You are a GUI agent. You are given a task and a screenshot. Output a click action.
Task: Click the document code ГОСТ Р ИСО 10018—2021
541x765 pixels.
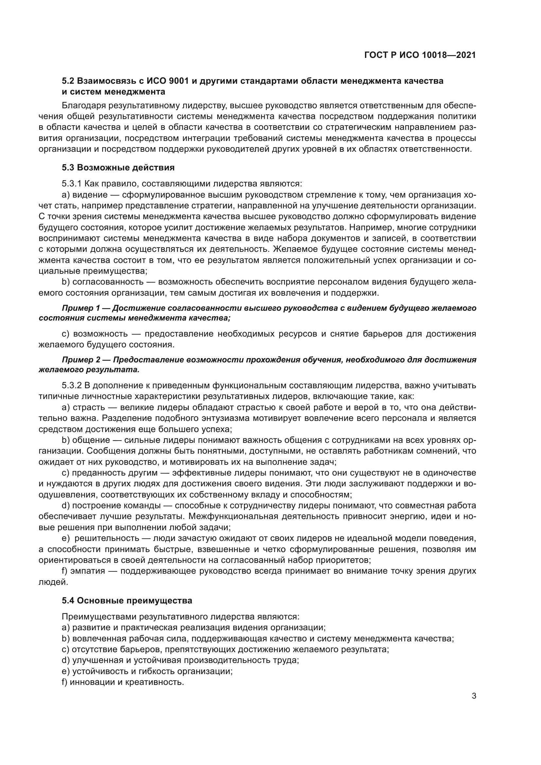(420, 55)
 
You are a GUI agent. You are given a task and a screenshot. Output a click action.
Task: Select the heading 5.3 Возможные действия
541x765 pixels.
(118, 167)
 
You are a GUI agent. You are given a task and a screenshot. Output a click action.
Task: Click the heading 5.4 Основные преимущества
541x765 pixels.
(127, 601)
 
